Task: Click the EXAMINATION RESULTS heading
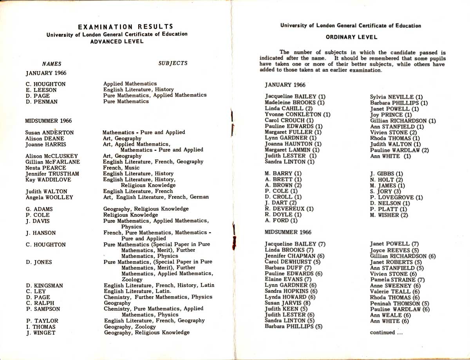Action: (x=125, y=27)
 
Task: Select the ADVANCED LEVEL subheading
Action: (x=117, y=41)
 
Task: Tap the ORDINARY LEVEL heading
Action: (x=351, y=37)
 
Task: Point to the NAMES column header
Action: (x=52, y=63)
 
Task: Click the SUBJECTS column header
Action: (x=173, y=63)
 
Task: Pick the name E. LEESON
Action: (x=41, y=90)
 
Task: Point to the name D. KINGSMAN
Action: (x=44, y=286)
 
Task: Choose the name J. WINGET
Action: (x=41, y=333)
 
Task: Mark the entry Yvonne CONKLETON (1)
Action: (x=298, y=114)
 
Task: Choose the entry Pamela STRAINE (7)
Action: (x=397, y=280)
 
